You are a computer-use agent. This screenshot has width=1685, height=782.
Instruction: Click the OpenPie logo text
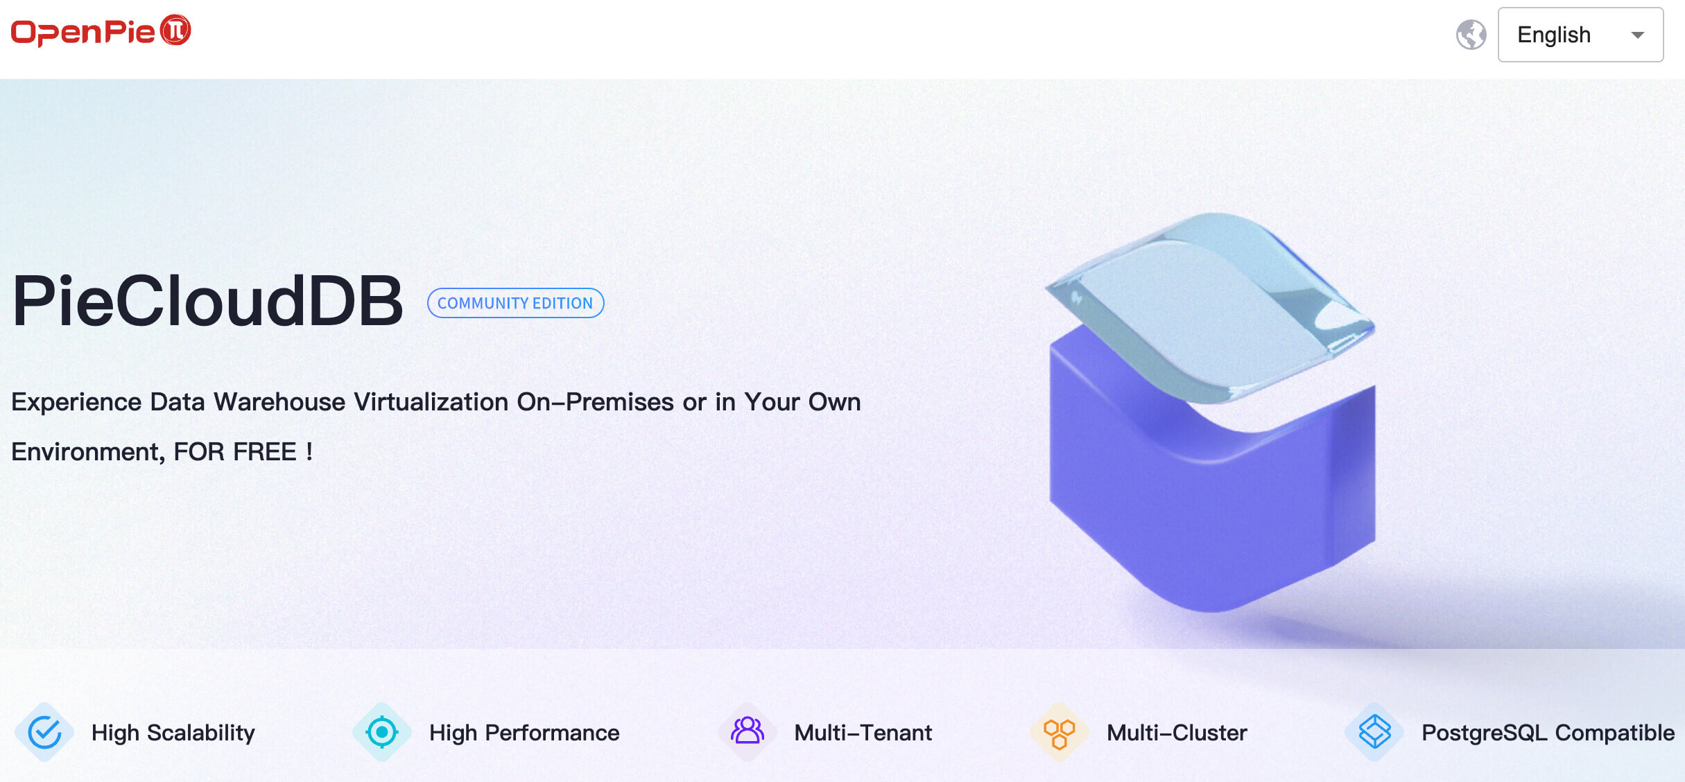click(x=83, y=32)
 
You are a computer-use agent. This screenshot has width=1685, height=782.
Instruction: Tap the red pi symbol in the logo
click(x=175, y=31)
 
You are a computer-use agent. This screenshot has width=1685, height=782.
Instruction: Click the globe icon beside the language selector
click(x=1471, y=35)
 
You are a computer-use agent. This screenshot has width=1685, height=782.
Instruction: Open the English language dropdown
click(x=1580, y=35)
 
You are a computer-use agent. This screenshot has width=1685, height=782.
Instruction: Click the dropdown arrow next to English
click(x=1638, y=35)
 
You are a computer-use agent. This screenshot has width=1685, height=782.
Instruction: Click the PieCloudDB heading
click(x=207, y=301)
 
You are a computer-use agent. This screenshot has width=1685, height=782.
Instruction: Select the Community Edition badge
click(x=515, y=303)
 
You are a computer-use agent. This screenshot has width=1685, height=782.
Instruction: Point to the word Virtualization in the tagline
click(x=431, y=402)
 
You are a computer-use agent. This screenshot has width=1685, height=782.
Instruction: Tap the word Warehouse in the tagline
click(x=279, y=402)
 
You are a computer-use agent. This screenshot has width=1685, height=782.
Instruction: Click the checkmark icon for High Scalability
click(x=44, y=732)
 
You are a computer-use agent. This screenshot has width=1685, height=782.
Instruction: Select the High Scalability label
click(x=173, y=733)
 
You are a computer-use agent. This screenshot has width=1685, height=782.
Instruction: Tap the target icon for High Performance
click(x=381, y=732)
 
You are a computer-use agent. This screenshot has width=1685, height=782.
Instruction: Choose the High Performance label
click(x=524, y=733)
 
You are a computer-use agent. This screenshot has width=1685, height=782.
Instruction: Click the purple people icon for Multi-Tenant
click(x=748, y=731)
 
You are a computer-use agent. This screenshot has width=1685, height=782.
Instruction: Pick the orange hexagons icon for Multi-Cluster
click(x=1059, y=733)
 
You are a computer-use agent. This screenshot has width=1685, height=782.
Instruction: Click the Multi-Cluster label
click(x=1177, y=733)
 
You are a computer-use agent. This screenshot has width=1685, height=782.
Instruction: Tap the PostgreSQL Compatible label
click(x=1548, y=733)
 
